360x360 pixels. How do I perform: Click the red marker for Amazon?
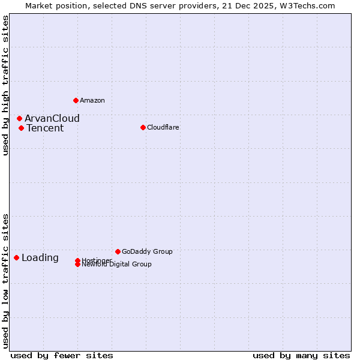coord(76,100)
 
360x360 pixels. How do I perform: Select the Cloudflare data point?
coord(143,127)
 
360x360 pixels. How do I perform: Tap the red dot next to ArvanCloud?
coord(19,118)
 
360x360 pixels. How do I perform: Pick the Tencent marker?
coord(21,128)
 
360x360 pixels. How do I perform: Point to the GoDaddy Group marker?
coord(118,251)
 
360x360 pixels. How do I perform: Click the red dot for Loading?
coord(16,257)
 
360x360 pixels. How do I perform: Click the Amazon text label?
coord(92,100)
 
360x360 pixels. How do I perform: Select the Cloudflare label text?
coord(163,127)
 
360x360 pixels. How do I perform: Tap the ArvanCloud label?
coord(52,118)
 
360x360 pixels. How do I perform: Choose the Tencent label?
coord(45,128)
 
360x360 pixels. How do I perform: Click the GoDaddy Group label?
coord(147,251)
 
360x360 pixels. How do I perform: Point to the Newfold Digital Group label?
coord(117,265)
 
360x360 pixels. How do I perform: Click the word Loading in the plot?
coord(40,257)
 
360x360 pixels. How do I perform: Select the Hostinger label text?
coord(97,260)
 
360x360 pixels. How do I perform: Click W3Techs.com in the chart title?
coord(307,5)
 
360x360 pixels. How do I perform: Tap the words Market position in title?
coord(55,5)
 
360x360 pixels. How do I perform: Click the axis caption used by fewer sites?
coord(62,355)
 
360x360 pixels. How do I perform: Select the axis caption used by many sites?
coord(301,355)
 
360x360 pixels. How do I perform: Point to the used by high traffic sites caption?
coord(5,86)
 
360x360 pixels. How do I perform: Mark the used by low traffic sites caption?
coord(5,280)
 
